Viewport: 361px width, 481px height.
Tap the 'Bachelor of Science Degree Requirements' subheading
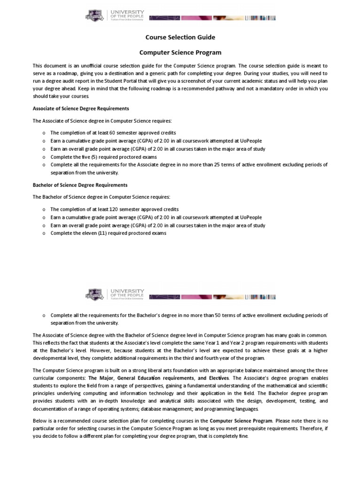(x=80, y=185)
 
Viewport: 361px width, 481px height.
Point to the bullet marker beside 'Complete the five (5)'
(x=43, y=157)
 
